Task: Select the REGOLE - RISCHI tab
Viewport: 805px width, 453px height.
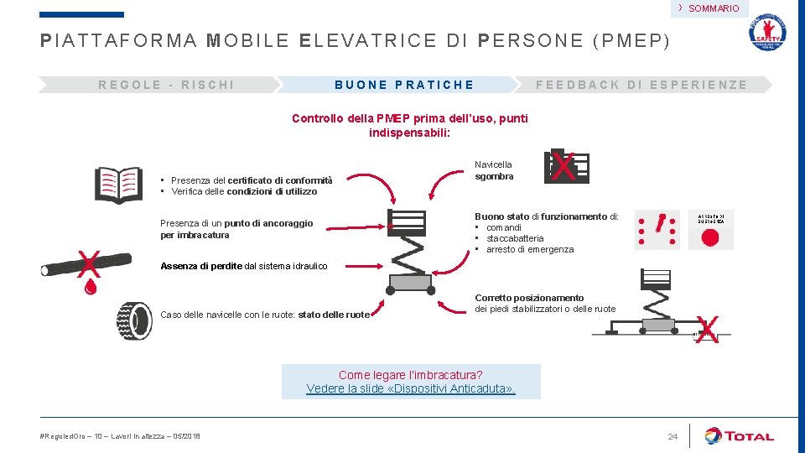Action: tap(166, 85)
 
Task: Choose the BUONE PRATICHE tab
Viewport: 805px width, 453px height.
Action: tap(404, 85)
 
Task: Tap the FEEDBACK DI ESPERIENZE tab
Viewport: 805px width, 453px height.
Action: tap(641, 85)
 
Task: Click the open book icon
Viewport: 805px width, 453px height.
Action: tap(118, 182)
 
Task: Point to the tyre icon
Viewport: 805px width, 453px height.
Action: tap(134, 320)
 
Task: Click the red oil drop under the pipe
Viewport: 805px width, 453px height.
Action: tap(91, 287)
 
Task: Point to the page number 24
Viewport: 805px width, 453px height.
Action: tap(672, 436)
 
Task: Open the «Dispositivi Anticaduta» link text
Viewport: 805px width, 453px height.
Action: tap(411, 388)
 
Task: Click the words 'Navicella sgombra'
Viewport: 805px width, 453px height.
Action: tap(494, 170)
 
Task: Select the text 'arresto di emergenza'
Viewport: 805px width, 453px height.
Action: tap(530, 249)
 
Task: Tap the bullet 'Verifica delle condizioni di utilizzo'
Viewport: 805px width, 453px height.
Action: tap(244, 191)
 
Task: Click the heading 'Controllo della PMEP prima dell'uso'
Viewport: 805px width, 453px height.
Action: tap(409, 125)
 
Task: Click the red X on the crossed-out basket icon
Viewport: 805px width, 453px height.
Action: tap(564, 167)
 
